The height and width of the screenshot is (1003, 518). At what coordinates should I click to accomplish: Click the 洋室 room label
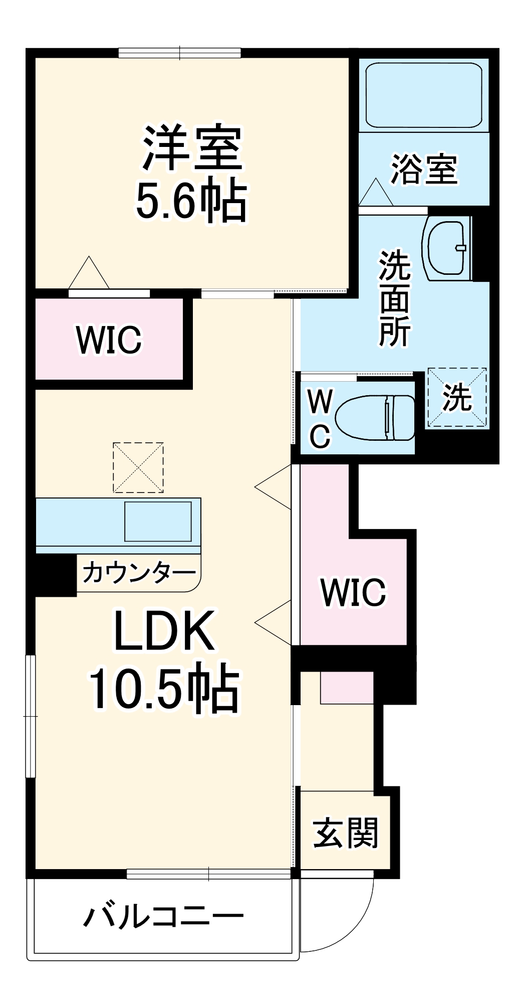192,149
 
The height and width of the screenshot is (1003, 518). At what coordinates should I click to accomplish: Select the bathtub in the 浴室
423,95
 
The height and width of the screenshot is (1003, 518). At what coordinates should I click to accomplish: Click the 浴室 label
423,169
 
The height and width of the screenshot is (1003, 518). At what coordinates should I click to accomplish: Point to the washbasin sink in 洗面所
447,248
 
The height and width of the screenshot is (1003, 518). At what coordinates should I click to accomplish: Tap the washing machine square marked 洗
456,398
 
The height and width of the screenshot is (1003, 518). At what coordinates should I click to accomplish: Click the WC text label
320,419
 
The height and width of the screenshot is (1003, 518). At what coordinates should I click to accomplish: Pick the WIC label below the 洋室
109,340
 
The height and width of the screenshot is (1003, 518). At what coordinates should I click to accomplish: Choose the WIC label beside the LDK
353,592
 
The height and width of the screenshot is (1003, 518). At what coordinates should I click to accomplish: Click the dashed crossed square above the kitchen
138,467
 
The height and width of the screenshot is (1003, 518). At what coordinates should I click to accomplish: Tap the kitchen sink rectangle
158,521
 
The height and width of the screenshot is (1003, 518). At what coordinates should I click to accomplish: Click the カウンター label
139,573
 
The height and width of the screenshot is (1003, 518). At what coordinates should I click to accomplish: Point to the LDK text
164,631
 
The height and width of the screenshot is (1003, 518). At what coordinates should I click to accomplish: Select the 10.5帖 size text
164,688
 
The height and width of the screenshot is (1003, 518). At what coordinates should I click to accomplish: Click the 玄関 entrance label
345,833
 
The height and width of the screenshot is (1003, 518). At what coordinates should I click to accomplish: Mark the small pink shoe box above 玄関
347,688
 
